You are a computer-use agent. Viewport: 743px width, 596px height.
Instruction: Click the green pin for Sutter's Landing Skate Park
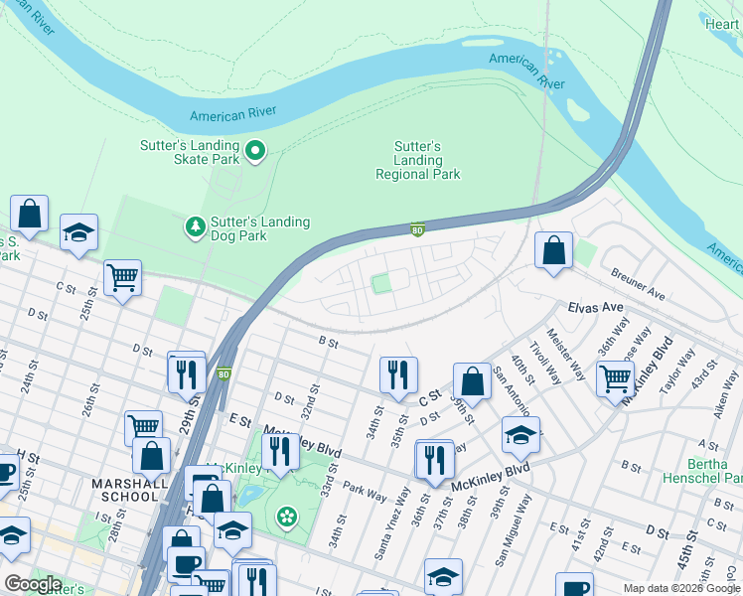tap(255, 151)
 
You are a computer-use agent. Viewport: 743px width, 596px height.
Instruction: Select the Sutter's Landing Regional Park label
tap(418, 160)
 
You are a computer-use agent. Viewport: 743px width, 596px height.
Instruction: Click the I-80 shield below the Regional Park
tap(418, 229)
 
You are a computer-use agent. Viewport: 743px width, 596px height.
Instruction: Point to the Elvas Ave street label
tap(595, 308)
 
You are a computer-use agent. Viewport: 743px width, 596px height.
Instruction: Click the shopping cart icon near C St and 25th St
tap(122, 277)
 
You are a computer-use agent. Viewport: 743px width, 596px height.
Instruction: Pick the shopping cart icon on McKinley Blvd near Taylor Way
tap(615, 378)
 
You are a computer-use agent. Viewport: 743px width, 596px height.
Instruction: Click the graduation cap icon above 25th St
tap(78, 233)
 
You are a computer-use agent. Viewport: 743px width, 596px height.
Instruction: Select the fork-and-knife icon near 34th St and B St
tap(397, 374)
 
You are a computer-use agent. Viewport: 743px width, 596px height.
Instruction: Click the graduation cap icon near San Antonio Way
tap(520, 434)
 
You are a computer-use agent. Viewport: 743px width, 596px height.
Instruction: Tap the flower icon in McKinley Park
tap(286, 516)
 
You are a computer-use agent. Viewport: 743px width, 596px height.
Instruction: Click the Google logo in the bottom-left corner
tap(33, 584)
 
